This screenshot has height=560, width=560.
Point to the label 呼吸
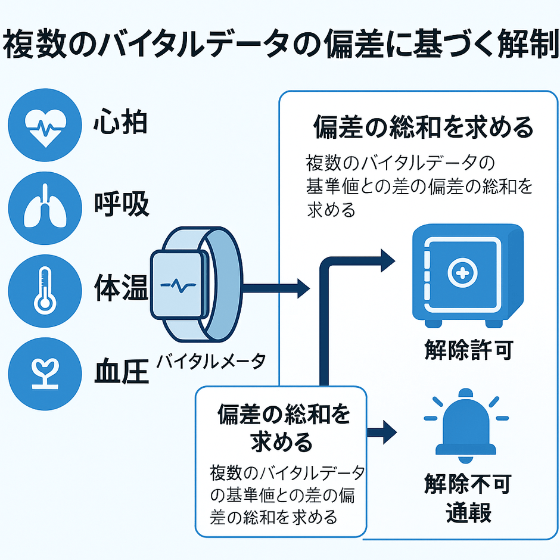click(122, 206)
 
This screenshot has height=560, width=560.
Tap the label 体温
click(122, 288)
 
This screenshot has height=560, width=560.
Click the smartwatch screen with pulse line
click(178, 285)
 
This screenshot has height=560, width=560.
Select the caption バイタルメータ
click(211, 360)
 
